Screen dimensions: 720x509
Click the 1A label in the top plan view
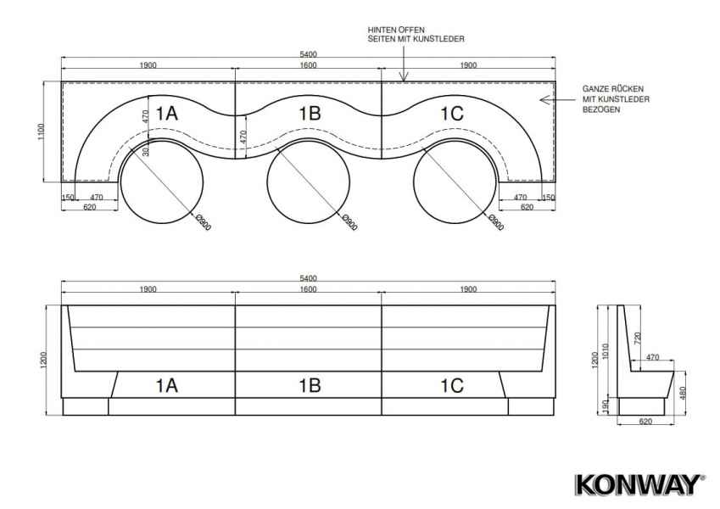click(x=167, y=113)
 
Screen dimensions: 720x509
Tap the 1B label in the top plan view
click(x=310, y=113)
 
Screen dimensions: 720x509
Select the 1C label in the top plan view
click(x=452, y=113)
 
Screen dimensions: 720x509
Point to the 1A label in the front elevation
click(x=167, y=385)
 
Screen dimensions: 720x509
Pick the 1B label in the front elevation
click(x=310, y=385)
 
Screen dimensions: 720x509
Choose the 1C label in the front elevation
click(x=452, y=385)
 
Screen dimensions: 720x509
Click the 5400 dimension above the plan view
click(x=308, y=54)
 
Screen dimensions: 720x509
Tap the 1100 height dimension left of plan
click(x=42, y=131)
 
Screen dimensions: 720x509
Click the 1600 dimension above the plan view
click(x=308, y=65)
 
